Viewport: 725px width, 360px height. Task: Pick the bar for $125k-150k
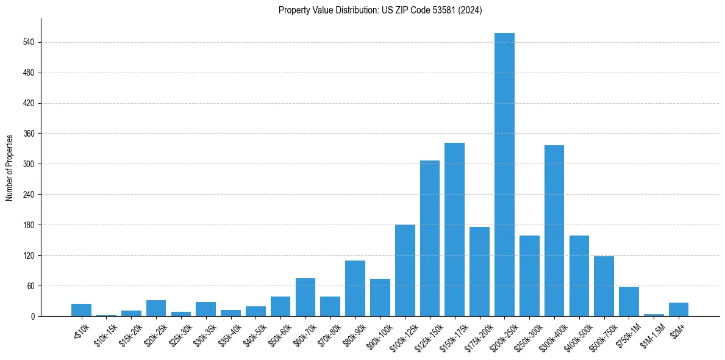pyautogui.click(x=429, y=238)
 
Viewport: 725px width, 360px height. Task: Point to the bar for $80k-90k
pyautogui.click(x=355, y=288)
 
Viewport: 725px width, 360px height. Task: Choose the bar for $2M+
pyautogui.click(x=678, y=309)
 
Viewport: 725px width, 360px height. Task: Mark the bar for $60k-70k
pyautogui.click(x=305, y=297)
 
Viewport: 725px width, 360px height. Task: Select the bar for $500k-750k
pyautogui.click(x=604, y=286)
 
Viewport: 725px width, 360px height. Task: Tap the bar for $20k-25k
pyautogui.click(x=155, y=308)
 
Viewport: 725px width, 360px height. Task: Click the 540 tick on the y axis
pyautogui.click(x=27, y=42)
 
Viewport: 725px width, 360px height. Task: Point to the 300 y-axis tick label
pyautogui.click(x=27, y=164)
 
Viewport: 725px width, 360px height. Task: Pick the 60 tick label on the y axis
pyautogui.click(x=29, y=286)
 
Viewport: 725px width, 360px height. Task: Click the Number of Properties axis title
pyautogui.click(x=9, y=167)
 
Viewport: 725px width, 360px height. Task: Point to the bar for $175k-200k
pyautogui.click(x=479, y=272)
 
